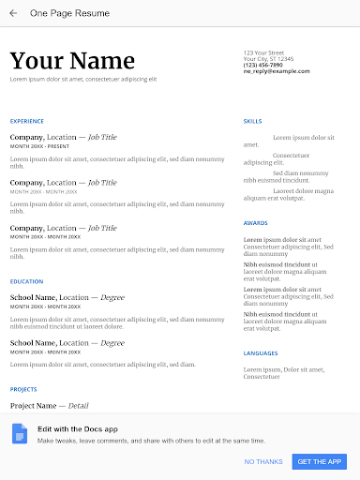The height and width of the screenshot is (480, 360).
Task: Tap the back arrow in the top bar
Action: click(x=13, y=13)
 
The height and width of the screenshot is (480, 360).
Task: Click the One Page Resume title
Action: click(x=69, y=13)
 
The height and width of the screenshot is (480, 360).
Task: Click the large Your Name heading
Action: click(x=72, y=62)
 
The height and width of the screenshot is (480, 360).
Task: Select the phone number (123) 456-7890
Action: click(x=262, y=65)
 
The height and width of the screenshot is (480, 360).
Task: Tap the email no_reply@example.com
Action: click(x=276, y=70)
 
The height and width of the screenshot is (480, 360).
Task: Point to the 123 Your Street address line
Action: click(x=263, y=52)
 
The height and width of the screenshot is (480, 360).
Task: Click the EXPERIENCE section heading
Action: click(x=27, y=121)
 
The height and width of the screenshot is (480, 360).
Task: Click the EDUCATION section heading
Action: click(x=26, y=281)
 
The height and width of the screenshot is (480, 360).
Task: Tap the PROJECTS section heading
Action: click(x=24, y=388)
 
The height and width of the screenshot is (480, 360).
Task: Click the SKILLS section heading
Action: click(x=252, y=121)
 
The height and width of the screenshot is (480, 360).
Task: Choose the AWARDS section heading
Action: click(x=255, y=223)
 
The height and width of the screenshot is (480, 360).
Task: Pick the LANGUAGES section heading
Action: click(x=260, y=353)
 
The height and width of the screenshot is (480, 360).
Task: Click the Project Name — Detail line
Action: click(x=49, y=406)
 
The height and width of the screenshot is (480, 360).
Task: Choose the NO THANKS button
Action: click(x=263, y=461)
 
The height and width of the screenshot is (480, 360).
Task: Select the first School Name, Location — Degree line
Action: click(x=67, y=297)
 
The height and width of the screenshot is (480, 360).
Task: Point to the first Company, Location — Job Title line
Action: click(x=64, y=137)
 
